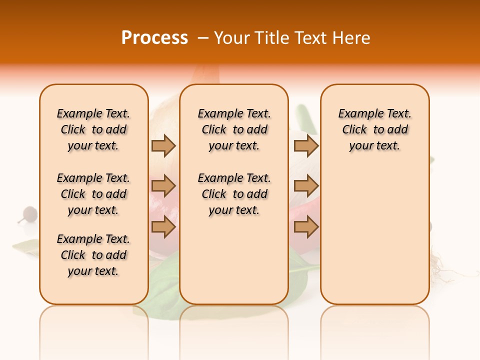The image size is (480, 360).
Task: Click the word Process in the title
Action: click(154, 38)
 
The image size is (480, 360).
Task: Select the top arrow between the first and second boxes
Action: click(163, 146)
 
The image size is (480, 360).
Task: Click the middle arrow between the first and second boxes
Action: click(163, 186)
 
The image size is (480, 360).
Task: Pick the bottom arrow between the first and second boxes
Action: click(163, 227)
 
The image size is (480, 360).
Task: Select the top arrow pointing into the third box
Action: click(306, 146)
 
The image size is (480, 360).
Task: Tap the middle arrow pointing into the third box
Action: click(306, 186)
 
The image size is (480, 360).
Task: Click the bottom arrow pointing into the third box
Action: click(306, 227)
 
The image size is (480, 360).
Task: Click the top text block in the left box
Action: click(93, 129)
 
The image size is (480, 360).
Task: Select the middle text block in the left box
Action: click(93, 194)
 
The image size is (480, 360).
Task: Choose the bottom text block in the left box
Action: click(93, 255)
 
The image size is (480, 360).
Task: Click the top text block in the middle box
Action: click(234, 129)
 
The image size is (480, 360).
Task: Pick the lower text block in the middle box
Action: click(234, 194)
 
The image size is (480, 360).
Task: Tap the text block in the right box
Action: click(374, 129)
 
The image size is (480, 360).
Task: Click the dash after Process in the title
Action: click(203, 38)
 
